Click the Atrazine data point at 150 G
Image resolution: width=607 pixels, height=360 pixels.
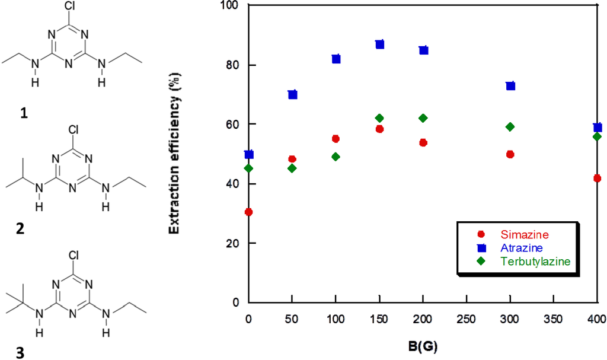pyautogui.click(x=380, y=44)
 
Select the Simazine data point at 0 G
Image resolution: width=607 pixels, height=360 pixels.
pyautogui.click(x=249, y=212)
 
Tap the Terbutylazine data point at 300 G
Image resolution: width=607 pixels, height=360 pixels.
pyautogui.click(x=510, y=126)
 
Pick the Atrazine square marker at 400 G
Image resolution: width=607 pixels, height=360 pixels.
pyautogui.click(x=598, y=128)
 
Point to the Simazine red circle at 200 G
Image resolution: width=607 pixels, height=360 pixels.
pyautogui.click(x=423, y=142)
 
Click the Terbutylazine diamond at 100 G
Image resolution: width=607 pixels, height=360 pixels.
pyautogui.click(x=336, y=157)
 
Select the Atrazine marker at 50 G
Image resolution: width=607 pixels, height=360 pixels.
pyautogui.click(x=292, y=94)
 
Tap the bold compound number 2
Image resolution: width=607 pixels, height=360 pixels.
pyautogui.click(x=21, y=229)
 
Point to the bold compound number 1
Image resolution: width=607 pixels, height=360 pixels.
pyautogui.click(x=23, y=113)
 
